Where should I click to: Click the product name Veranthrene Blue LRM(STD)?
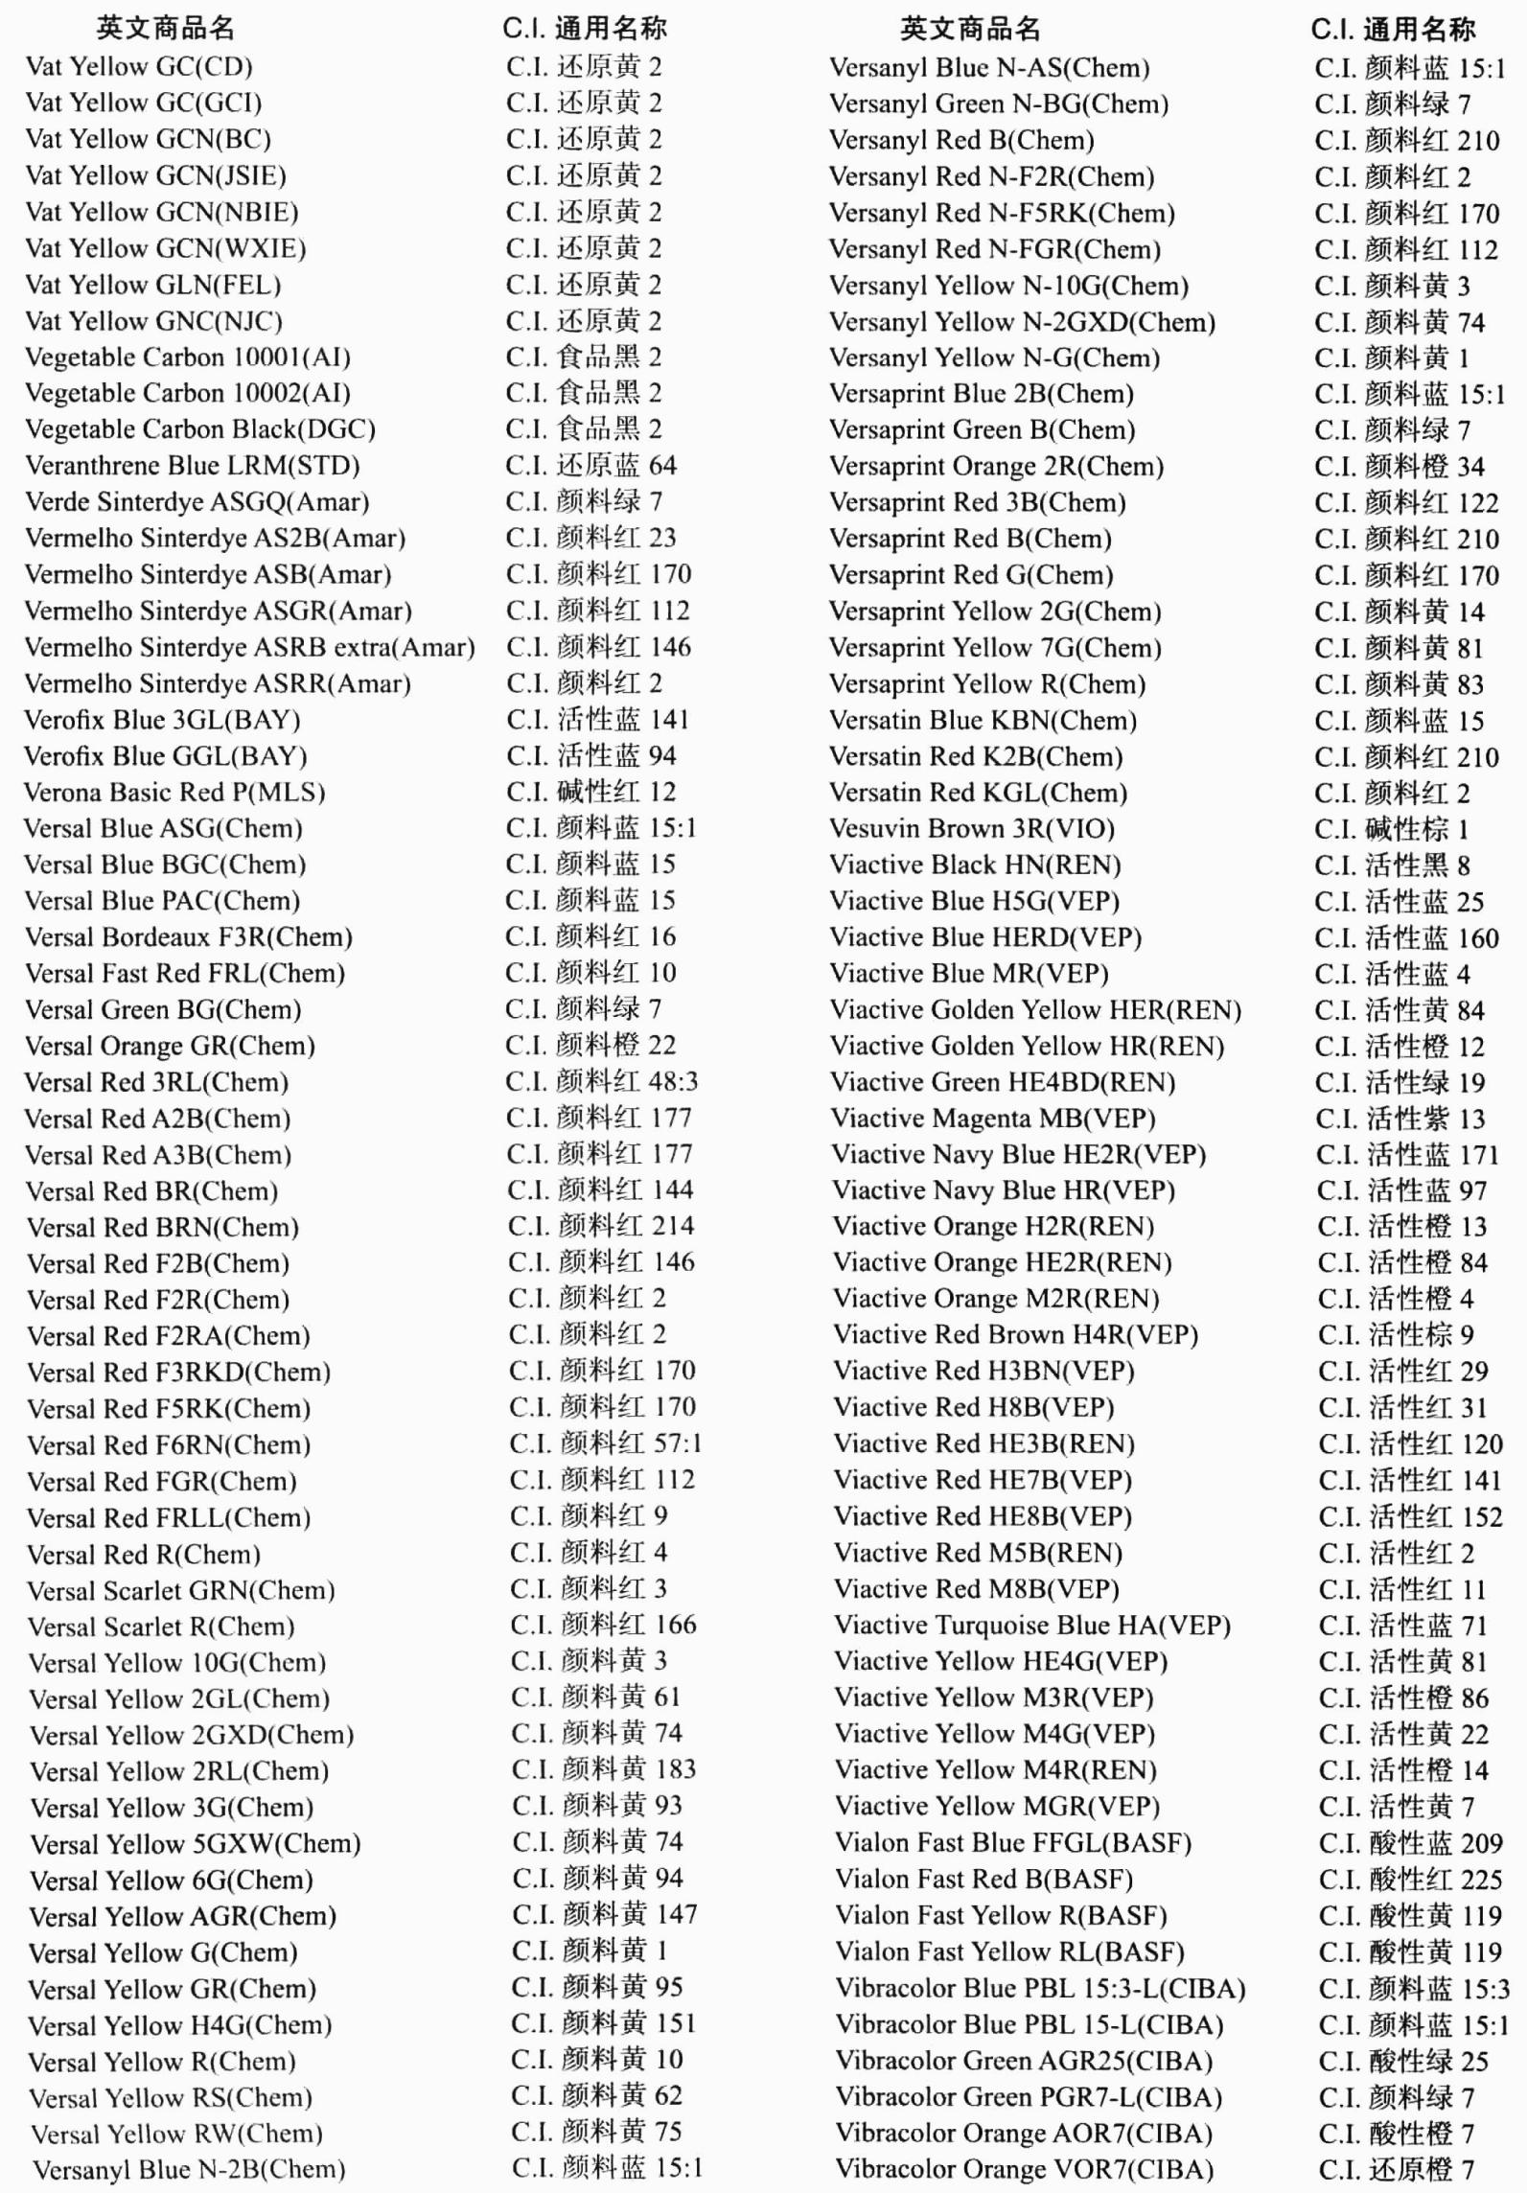coord(192,466)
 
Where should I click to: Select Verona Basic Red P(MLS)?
coord(174,793)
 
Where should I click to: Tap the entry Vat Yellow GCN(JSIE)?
coord(155,176)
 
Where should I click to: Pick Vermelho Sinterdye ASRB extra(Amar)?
coord(249,648)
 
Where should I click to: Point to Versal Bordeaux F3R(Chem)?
coord(189,937)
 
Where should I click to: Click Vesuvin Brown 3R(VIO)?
coord(972,829)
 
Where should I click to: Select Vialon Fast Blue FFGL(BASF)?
coord(1012,1843)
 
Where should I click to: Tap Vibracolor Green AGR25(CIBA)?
coord(1024,2061)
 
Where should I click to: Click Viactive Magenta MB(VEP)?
coord(993,1119)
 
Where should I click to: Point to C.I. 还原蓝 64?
coord(591,466)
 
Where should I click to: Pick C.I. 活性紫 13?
coord(1400,1120)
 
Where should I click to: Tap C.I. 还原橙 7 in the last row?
coord(1396,2169)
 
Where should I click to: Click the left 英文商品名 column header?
coord(165,29)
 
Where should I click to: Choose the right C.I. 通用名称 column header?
coord(1393,30)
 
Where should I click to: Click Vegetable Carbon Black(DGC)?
coord(199,429)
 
